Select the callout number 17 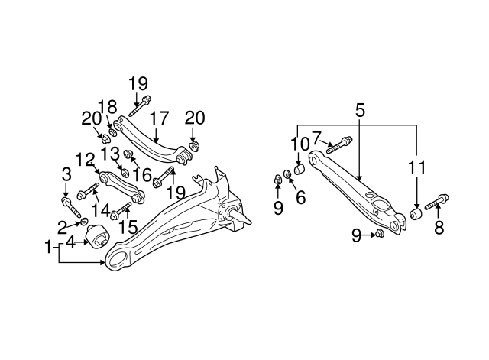click(159, 118)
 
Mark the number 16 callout click(141, 175)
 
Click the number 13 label click(110, 153)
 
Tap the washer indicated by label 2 click(83, 223)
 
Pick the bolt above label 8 click(433, 203)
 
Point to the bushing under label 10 click(300, 167)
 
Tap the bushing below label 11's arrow click(416, 214)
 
